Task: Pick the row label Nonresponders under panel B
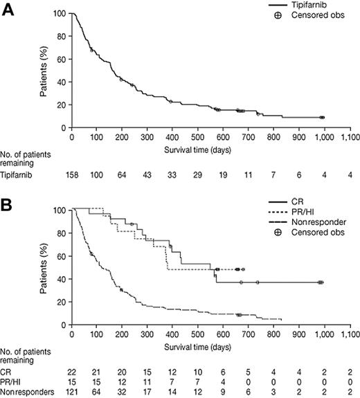pyautogui.click(x=26, y=392)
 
